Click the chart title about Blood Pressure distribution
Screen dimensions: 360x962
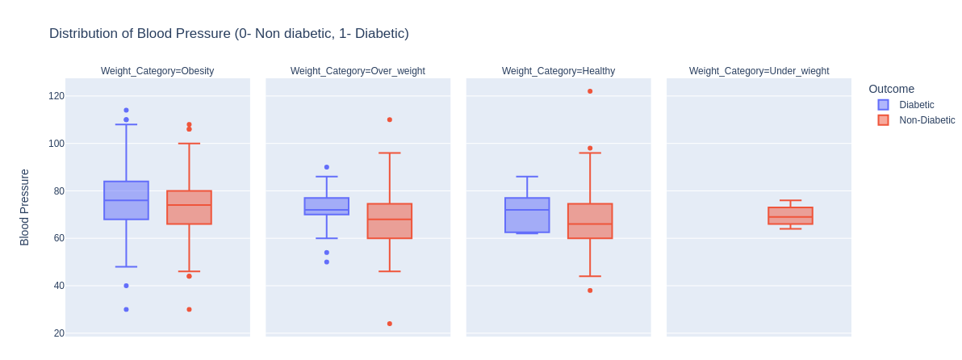coord(228,34)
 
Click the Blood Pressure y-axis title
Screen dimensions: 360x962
coord(24,207)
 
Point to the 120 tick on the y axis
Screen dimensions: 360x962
coord(56,96)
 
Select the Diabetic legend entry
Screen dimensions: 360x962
coord(916,105)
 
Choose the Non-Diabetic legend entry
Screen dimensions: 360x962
coord(926,120)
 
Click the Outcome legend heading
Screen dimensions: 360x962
coord(891,89)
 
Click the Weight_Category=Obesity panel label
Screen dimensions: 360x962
coord(157,71)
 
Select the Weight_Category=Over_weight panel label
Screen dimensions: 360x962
coord(358,71)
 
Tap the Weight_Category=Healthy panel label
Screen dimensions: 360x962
coord(558,71)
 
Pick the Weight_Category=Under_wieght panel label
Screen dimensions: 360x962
coord(759,71)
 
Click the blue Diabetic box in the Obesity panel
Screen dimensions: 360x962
coord(126,200)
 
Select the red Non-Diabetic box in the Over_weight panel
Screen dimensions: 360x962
coord(390,221)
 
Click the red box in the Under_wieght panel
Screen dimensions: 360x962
coord(790,216)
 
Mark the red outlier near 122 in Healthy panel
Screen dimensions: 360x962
coord(590,91)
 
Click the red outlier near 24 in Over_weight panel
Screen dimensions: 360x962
coord(390,324)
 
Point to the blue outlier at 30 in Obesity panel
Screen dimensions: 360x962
coord(126,309)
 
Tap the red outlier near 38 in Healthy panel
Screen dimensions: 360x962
coord(590,291)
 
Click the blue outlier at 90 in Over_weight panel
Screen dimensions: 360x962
coord(327,167)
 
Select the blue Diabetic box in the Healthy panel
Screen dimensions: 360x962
coord(527,215)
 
